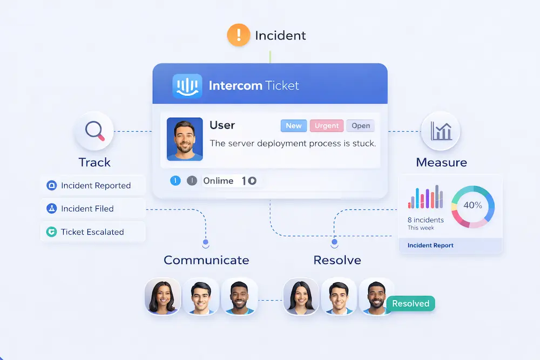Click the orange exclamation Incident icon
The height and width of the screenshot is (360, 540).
tap(238, 36)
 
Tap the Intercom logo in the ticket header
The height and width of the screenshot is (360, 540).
tap(187, 86)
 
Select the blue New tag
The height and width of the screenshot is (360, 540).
tap(294, 126)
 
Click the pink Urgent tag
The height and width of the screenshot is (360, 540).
tap(327, 126)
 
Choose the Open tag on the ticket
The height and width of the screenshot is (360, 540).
tap(361, 126)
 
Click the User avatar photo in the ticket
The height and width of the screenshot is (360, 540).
tap(185, 139)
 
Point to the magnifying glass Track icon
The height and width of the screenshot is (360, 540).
tap(94, 131)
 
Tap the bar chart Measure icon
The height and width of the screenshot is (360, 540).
tap(440, 131)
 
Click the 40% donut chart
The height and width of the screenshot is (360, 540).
tap(473, 205)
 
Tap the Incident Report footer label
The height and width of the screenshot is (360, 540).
tap(430, 246)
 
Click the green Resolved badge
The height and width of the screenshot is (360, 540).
tap(410, 303)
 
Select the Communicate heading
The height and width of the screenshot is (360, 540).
tap(206, 260)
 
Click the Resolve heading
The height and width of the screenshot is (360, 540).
tap(337, 260)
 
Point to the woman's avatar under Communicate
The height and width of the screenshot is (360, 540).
tap(163, 296)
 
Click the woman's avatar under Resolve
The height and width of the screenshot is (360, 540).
tap(301, 296)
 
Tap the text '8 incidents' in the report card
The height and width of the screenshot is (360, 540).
tap(426, 220)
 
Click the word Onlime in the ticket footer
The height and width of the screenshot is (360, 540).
tap(218, 181)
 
